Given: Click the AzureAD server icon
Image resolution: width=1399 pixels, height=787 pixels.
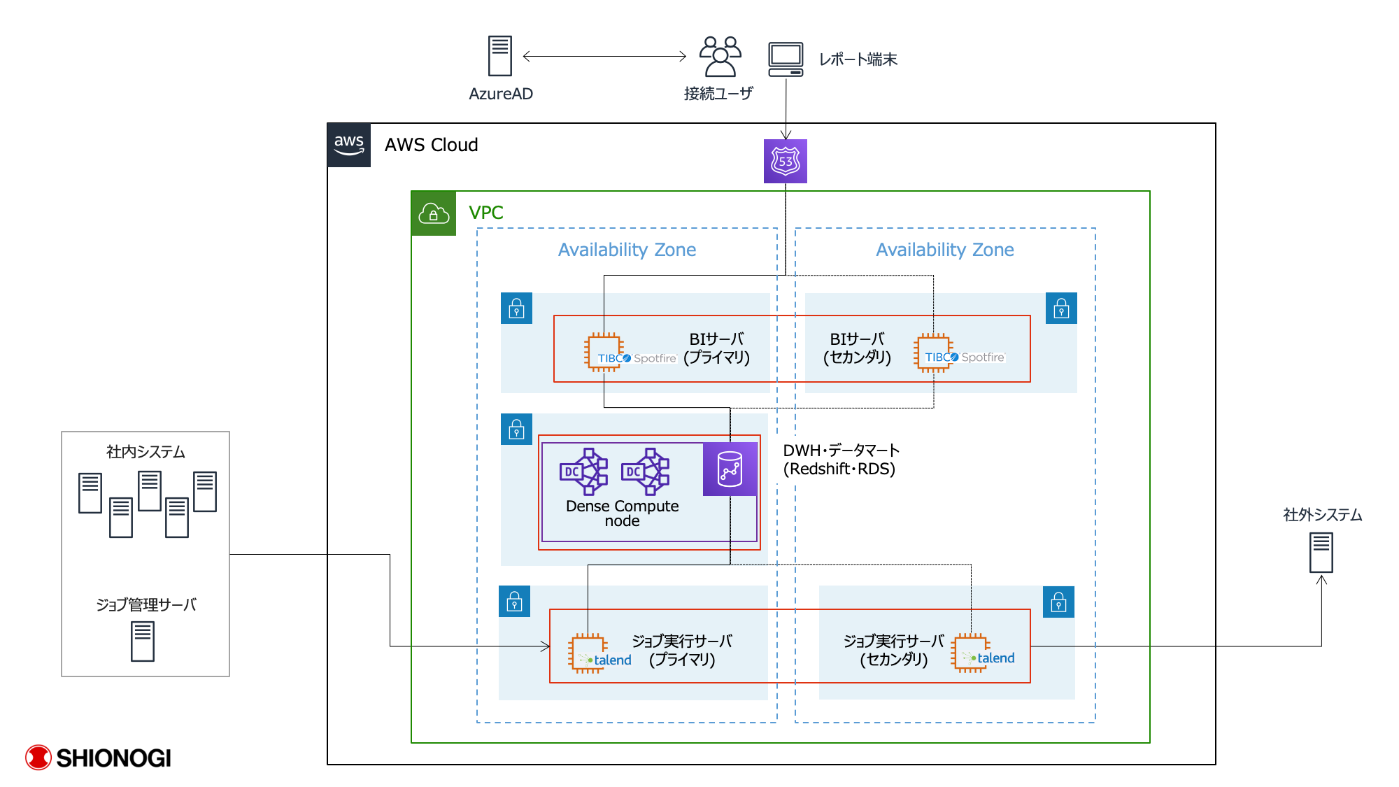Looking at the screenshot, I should coord(499,56).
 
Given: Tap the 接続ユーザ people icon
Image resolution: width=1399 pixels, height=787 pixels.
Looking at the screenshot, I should coord(720,57).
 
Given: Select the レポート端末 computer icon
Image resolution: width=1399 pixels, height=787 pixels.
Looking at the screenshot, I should coord(786,59).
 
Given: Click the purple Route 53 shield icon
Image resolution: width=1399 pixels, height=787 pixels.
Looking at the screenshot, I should coord(785,162).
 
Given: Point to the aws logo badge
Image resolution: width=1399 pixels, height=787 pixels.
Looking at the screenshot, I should coord(349,146).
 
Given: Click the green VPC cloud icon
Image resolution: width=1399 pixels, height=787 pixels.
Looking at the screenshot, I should coord(434,213).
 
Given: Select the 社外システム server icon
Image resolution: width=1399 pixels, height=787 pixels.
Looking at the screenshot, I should coord(1321,553).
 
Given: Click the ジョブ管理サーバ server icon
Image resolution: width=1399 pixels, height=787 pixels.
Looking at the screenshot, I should coord(143,641).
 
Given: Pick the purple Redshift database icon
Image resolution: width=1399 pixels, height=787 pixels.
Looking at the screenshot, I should coord(730,469).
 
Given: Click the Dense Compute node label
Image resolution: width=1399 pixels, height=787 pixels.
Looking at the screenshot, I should coord(622,513).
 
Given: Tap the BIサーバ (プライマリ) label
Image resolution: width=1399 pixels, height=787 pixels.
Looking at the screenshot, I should coord(716,348).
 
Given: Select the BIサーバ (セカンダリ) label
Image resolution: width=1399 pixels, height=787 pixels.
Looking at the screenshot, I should coord(857,348).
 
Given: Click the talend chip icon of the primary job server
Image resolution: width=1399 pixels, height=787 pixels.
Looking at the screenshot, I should coord(588,653).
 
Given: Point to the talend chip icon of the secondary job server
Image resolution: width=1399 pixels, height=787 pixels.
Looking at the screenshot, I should coord(971,652).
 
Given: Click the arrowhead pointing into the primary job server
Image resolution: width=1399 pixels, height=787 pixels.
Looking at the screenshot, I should coord(546,646).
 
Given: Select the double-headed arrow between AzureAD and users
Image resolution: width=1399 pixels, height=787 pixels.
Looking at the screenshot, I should coord(604,57).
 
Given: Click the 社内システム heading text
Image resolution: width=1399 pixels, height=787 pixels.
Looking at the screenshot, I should coord(145,452).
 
